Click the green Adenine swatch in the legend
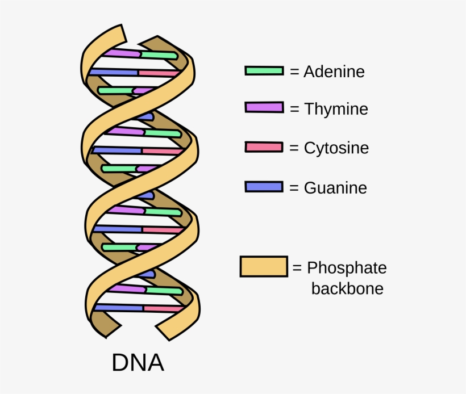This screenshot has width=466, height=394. pos(264,71)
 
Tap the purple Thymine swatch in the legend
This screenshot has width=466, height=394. pos(264,107)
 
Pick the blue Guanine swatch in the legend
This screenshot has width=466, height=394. pos(264,187)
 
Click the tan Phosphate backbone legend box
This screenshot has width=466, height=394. pos(263,266)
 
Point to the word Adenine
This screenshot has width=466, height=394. pos(334,72)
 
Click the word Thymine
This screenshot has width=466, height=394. pos(336,108)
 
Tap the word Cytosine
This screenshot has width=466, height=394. pos(336,148)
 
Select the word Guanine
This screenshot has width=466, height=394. pos(335,188)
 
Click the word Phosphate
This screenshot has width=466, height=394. pos(347,268)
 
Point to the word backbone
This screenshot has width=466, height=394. pos(347,288)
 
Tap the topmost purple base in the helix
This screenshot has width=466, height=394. pos(122,53)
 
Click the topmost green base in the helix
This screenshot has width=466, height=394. pos(159,55)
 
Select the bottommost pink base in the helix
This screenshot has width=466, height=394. pos(163,309)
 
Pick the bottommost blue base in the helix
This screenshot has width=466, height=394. pos(118,308)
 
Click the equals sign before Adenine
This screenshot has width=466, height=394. pos(294,72)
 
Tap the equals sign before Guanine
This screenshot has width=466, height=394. pos(294,188)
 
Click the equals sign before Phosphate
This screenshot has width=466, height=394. pos(297,268)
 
